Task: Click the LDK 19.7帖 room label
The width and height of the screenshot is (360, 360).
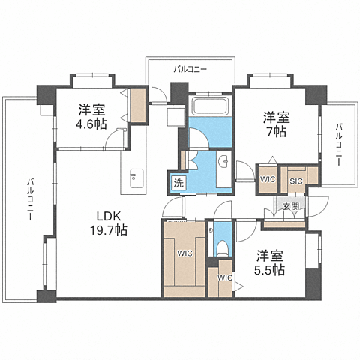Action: tap(109, 223)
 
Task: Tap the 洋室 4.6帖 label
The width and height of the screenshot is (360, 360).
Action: tap(91, 116)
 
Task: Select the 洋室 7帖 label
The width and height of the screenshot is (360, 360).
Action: tap(277, 124)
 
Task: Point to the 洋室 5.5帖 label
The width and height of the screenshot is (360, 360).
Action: tap(270, 262)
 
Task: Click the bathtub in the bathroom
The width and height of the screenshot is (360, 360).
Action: tap(210, 106)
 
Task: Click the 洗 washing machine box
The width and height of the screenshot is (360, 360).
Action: tap(178, 183)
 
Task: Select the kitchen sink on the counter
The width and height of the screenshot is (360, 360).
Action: tap(136, 178)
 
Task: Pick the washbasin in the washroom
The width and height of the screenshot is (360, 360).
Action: tap(224, 162)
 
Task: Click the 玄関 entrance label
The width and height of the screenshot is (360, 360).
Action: tap(291, 206)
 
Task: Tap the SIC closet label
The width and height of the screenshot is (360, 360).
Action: tap(296, 181)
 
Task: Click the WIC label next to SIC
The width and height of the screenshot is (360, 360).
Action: tap(268, 179)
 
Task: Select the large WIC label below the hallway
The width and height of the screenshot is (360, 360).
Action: tap(185, 253)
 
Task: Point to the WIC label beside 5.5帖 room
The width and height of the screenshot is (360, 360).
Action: tap(225, 277)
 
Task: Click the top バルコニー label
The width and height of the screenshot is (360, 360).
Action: tap(190, 69)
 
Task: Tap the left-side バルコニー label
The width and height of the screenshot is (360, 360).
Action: tap(30, 199)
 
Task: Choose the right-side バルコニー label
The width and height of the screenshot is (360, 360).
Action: tap(338, 145)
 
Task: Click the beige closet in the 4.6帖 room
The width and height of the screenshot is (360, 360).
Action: tap(138, 105)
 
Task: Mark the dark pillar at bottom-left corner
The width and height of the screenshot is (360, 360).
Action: tap(46, 296)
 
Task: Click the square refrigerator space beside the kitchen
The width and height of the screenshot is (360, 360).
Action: tap(175, 117)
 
